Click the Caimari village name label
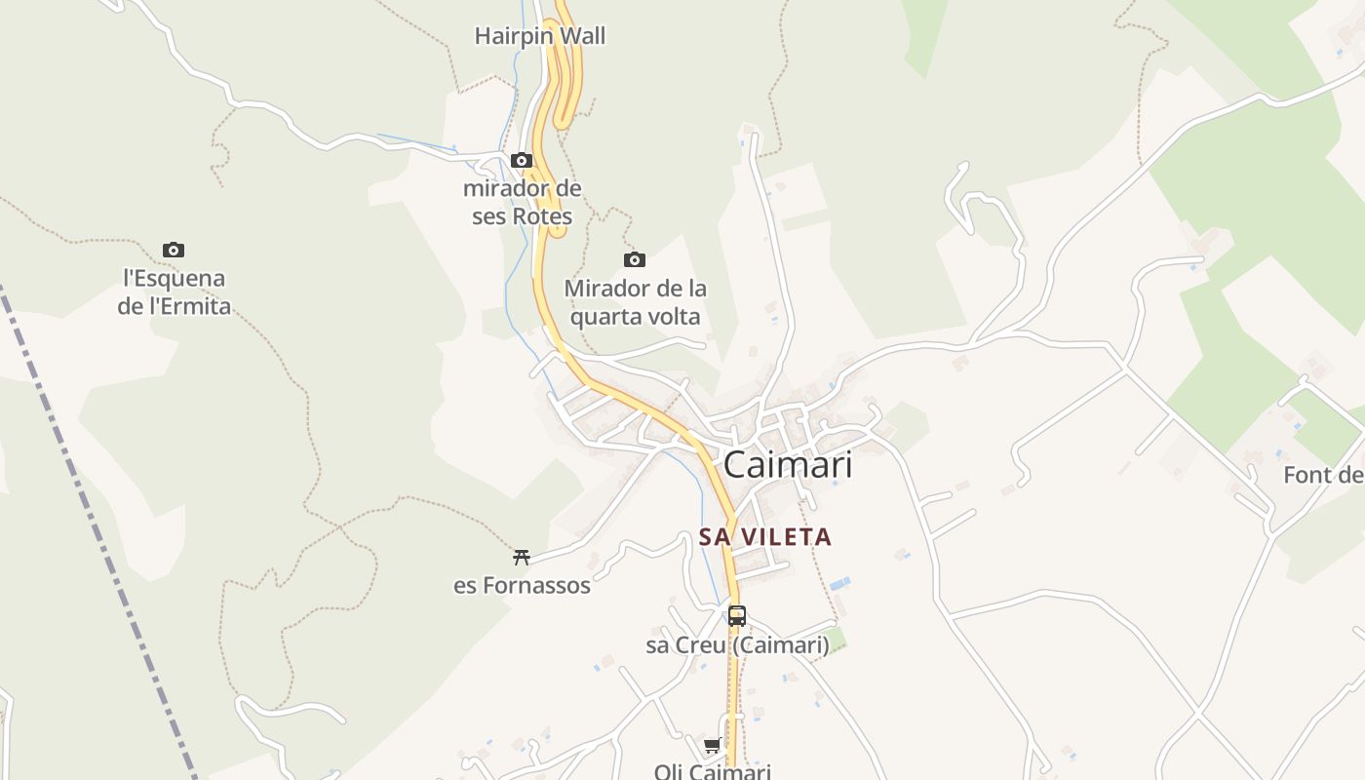tap(788, 465)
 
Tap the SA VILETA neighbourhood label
tap(765, 537)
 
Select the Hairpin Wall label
tap(539, 37)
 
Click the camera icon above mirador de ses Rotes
tap(522, 160)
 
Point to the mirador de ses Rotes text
tap(522, 202)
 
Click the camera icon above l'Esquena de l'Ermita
tap(174, 251)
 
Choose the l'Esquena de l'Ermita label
tap(174, 292)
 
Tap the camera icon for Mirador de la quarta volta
tap(635, 259)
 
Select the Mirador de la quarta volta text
tap(635, 302)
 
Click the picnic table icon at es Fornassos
tap(522, 558)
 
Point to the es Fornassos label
tap(522, 586)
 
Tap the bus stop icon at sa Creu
tap(737, 616)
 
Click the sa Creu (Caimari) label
tap(737, 645)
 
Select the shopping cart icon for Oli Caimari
tap(713, 746)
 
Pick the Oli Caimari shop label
tap(713, 771)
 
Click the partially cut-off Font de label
tap(1323, 476)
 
